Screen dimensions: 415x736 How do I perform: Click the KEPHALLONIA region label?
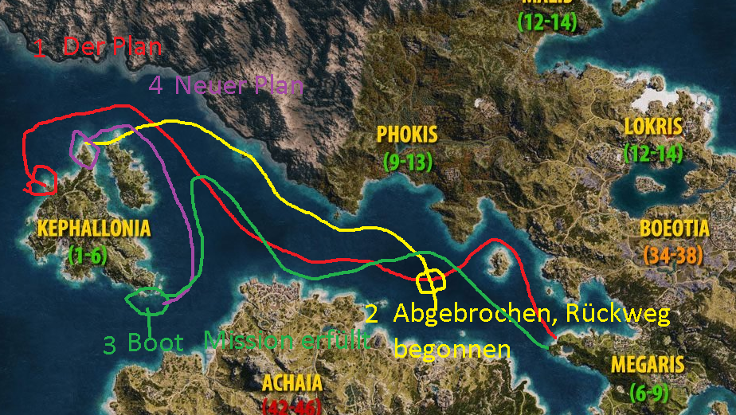point(93,229)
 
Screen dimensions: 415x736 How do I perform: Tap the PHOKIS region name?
point(407,134)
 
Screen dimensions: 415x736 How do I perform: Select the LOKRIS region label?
point(653,127)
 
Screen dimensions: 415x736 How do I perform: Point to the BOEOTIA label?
point(674,229)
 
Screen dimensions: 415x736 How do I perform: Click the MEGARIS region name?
point(648,365)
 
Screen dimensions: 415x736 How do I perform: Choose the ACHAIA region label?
point(292,382)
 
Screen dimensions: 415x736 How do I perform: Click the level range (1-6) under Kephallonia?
point(87,255)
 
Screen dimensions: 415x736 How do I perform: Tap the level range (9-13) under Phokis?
point(407,161)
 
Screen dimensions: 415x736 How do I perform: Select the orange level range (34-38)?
point(674,256)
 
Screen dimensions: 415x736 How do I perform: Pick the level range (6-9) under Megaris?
point(647,393)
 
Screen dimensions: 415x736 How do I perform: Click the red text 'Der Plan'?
point(112,47)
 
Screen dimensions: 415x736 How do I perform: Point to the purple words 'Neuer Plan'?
point(238,85)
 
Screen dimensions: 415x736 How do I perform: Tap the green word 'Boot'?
point(155,343)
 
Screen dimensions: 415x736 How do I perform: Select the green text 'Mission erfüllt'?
point(288,340)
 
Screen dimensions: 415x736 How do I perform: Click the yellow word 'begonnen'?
point(452,349)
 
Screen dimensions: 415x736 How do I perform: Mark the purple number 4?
point(156,85)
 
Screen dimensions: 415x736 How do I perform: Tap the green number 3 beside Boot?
point(110,344)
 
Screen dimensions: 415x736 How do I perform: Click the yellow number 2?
point(371,313)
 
